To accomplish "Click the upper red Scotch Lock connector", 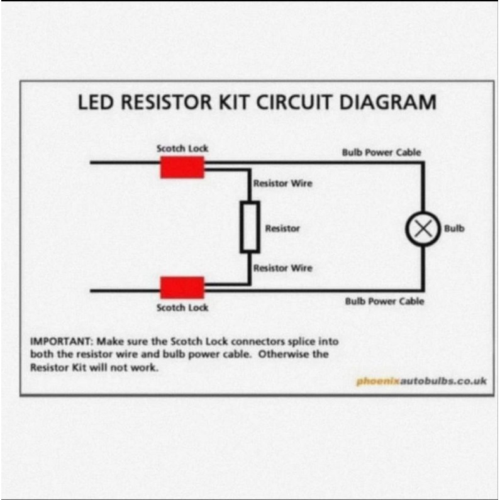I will click(x=182, y=168).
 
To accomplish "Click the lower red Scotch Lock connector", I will click(x=182, y=287).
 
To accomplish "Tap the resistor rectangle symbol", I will click(x=250, y=228).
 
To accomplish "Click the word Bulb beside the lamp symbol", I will click(x=454, y=228).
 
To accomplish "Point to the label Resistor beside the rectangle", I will click(x=282, y=228).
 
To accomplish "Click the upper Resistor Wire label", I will click(x=282, y=184).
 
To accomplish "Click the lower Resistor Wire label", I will click(x=282, y=268).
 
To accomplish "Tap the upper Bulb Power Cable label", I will click(x=381, y=152).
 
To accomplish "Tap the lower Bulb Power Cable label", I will click(x=384, y=301).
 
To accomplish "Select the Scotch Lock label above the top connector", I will click(x=182, y=149).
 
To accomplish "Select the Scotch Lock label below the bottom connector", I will click(x=182, y=308).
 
